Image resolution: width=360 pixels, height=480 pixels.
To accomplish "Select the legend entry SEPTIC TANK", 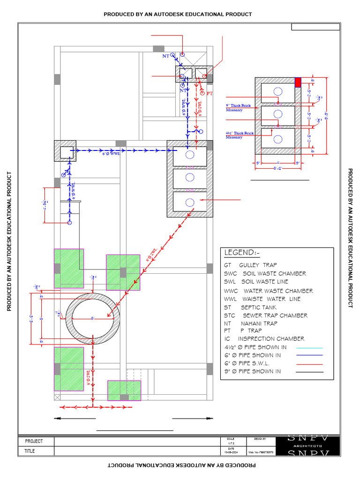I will point(255,307).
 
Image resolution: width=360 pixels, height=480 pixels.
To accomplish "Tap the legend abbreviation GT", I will point(227,265).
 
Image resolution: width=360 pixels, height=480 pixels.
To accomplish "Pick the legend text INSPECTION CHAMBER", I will point(271,338).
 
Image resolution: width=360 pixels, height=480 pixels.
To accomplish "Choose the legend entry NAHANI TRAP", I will point(259,323).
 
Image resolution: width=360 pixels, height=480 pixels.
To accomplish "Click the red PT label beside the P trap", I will point(210,94).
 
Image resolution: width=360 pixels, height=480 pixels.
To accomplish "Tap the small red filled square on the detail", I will point(297,82).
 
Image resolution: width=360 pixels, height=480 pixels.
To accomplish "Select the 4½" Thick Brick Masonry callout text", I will point(240,135).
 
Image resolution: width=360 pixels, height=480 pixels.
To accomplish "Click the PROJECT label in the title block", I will point(34,441).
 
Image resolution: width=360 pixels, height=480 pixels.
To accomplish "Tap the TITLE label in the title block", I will point(30,451).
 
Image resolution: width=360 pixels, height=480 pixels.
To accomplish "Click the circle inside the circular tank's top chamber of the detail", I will point(278,91).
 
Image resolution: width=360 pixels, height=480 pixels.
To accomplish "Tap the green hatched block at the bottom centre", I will point(124,390).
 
